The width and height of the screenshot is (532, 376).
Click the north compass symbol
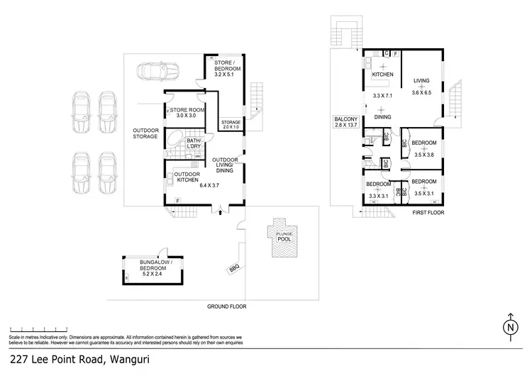tap(509, 328)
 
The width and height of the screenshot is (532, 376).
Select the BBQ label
tap(234, 269)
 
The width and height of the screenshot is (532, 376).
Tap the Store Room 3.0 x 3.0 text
tap(190, 115)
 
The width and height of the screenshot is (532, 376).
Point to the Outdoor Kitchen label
tap(187, 177)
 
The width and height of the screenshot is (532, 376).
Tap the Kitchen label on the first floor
tap(383, 74)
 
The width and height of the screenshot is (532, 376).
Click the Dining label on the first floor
tap(383, 118)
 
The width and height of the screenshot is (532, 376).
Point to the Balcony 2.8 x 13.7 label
tap(347, 121)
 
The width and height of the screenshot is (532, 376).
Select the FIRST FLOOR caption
tap(428, 212)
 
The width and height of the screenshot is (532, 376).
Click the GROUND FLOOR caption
tap(226, 306)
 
